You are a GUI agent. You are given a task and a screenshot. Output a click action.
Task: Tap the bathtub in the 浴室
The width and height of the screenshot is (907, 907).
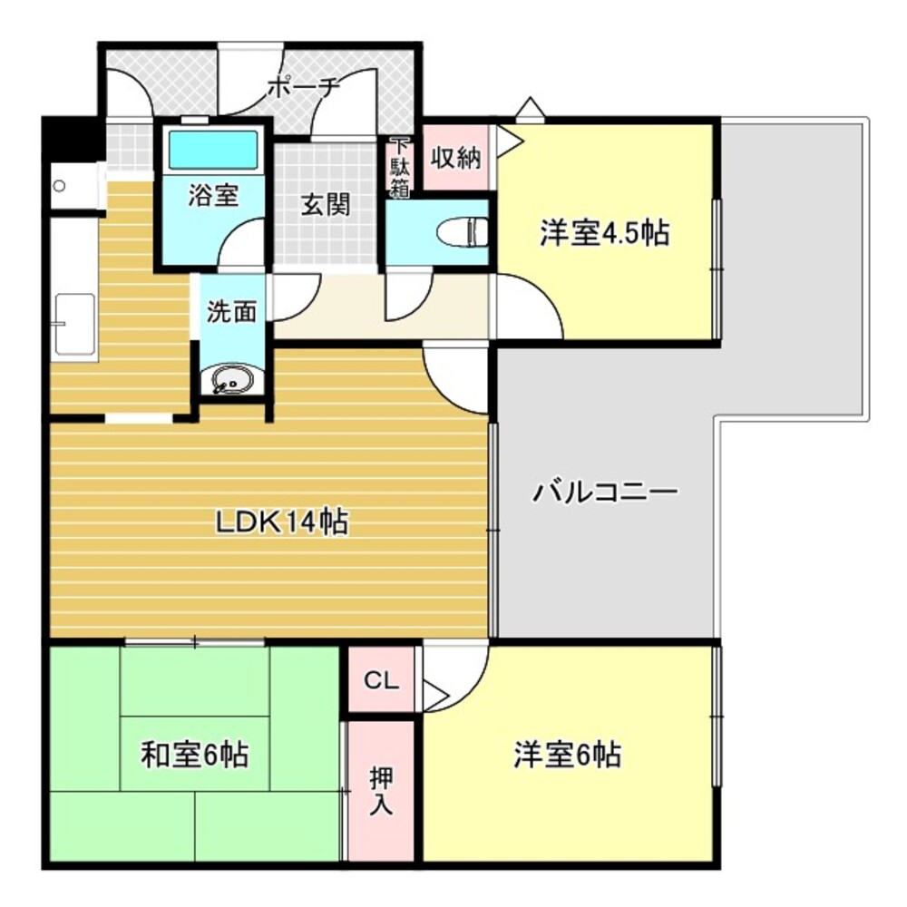[214, 150]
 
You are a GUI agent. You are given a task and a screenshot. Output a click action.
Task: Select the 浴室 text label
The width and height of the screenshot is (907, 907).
[213, 197]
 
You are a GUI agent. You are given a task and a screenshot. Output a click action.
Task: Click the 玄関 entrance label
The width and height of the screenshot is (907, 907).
[325, 206]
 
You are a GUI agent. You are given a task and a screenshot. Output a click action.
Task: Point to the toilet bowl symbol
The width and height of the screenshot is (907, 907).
[460, 233]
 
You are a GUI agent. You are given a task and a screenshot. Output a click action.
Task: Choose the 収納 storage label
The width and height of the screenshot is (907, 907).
[454, 158]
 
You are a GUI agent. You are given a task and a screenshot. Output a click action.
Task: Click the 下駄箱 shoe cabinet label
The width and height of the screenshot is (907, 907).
[399, 168]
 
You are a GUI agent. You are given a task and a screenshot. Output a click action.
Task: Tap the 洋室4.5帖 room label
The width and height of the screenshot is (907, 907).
[604, 233]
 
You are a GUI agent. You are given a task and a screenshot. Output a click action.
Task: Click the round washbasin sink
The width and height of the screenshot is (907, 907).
[231, 381]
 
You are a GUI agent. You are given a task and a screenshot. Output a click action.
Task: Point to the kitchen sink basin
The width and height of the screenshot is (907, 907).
[74, 324]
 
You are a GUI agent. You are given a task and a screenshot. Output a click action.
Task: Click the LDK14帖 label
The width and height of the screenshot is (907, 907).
[281, 522]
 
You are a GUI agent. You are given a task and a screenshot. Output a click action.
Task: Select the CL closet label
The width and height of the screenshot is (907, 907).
[381, 680]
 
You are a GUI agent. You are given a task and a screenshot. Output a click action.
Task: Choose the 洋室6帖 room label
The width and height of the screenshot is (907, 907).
[568, 754]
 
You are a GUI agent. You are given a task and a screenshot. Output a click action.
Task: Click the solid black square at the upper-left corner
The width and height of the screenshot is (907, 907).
[73, 139]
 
